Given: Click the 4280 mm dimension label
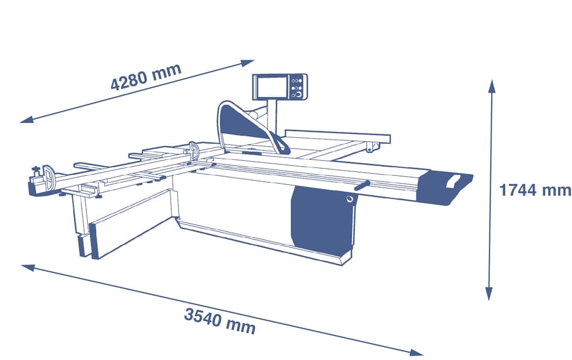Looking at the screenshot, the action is point(146,77).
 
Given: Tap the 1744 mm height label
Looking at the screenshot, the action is point(535,190).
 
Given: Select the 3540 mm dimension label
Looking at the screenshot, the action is point(220,320).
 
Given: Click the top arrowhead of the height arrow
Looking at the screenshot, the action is point(492,87).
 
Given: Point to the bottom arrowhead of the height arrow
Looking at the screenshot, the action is point(489,294).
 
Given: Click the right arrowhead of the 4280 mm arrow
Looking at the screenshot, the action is point(247,63).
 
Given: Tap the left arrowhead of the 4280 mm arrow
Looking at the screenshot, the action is point(27,119).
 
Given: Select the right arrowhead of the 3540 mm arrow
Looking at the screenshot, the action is point(416,352).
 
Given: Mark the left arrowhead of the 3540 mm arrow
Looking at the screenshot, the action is point(28,268).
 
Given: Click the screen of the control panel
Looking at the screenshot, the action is point(272,87).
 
